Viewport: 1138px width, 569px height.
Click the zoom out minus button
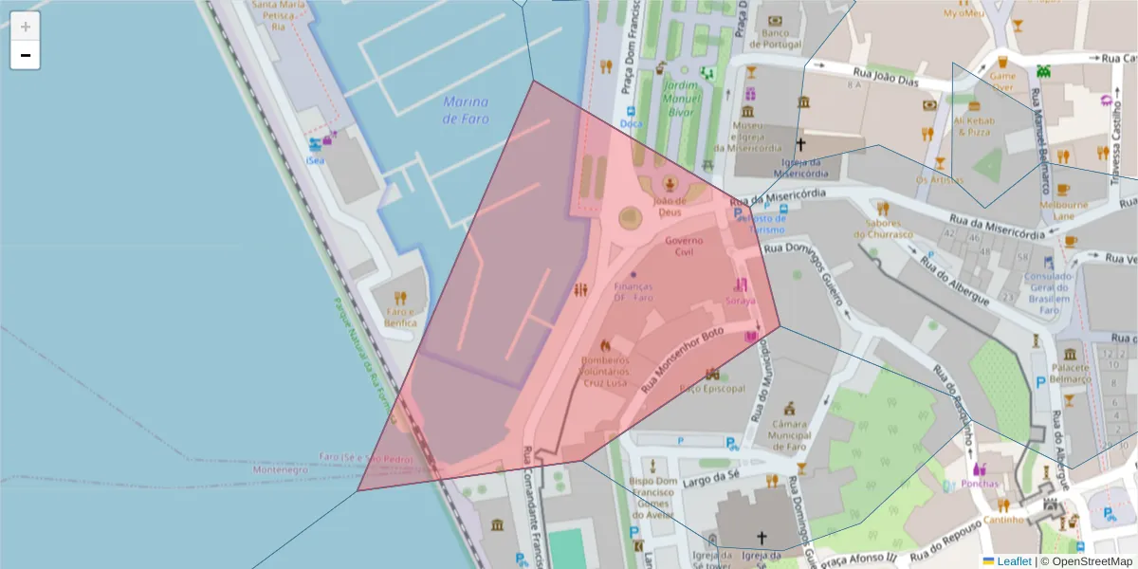coord(26,55)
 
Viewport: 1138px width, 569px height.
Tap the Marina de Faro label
coord(466,110)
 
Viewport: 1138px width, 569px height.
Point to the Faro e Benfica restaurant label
coord(400,317)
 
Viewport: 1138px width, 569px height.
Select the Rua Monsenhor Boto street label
coord(683,360)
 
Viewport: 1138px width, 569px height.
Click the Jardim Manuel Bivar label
coord(680,99)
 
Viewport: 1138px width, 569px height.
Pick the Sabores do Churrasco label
coord(882,229)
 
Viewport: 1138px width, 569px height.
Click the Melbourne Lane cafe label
coord(1063,210)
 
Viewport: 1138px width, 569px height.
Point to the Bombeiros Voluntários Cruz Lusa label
coord(604,371)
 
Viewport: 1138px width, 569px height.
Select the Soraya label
coord(741,301)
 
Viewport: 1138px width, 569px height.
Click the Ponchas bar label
coord(980,484)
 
